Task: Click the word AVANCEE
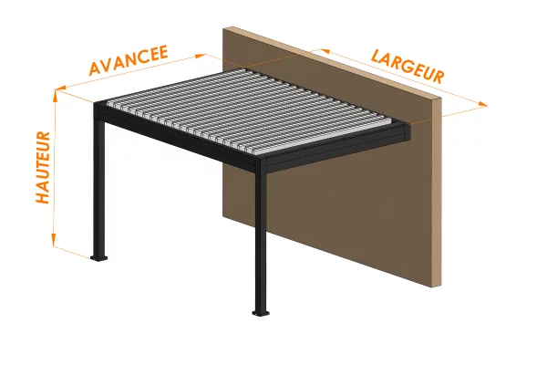(129, 60)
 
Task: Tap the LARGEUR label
(408, 67)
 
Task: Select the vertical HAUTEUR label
(43, 167)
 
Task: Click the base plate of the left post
(98, 258)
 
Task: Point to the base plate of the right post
(261, 313)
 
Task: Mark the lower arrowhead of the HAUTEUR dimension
(54, 240)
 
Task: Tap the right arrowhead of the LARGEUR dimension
(482, 104)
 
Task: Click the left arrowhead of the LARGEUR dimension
(325, 51)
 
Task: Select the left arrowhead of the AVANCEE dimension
(61, 89)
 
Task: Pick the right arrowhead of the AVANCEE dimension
(201, 55)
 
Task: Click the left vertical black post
(99, 185)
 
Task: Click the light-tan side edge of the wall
(437, 193)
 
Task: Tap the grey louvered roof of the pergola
(252, 110)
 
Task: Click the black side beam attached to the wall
(335, 149)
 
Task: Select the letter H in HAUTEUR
(43, 197)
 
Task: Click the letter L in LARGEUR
(376, 56)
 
